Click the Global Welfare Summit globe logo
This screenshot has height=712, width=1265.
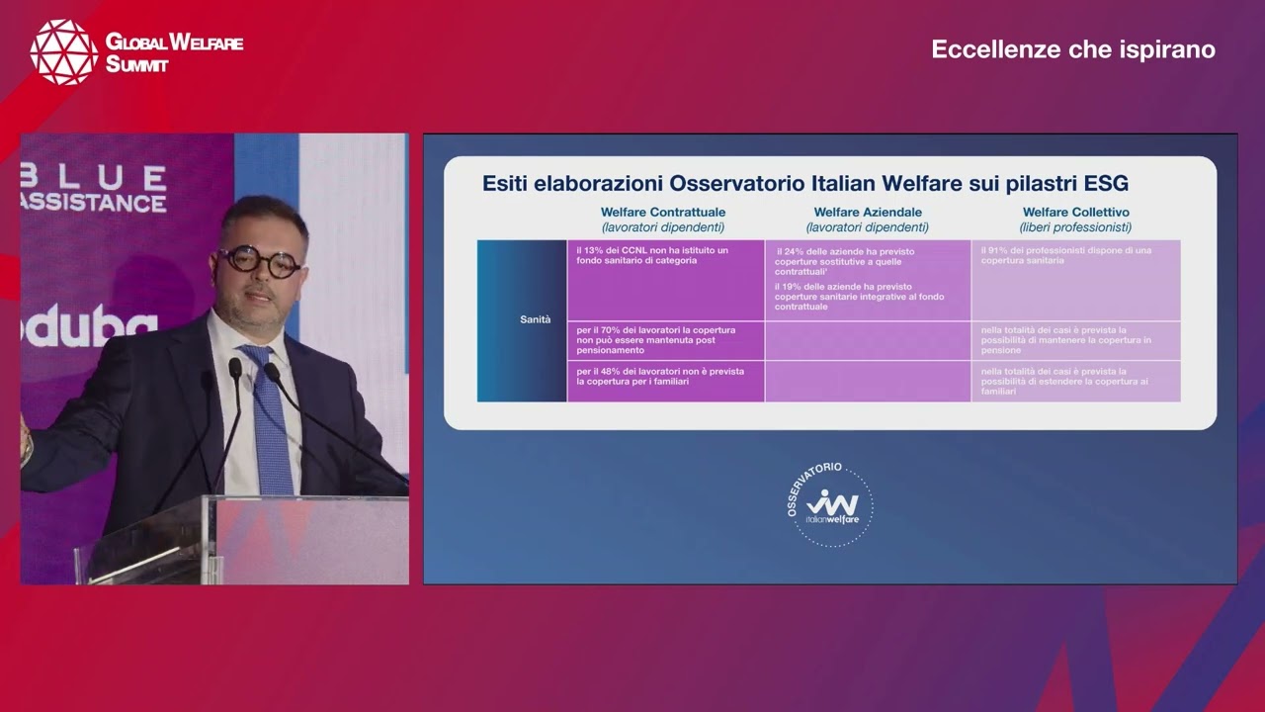click(63, 51)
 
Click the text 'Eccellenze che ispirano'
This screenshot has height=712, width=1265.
click(1073, 49)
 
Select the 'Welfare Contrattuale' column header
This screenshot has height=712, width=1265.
click(663, 213)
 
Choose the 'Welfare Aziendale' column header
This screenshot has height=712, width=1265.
click(868, 213)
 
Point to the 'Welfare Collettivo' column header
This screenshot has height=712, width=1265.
click(1075, 213)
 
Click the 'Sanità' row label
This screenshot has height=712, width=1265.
click(536, 319)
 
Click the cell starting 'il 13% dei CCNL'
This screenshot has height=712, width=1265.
click(652, 255)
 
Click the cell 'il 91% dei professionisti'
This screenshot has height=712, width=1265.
click(1065, 255)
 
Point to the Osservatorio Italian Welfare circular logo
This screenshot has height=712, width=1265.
click(830, 505)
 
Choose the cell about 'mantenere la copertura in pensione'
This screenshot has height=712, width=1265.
click(1065, 340)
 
